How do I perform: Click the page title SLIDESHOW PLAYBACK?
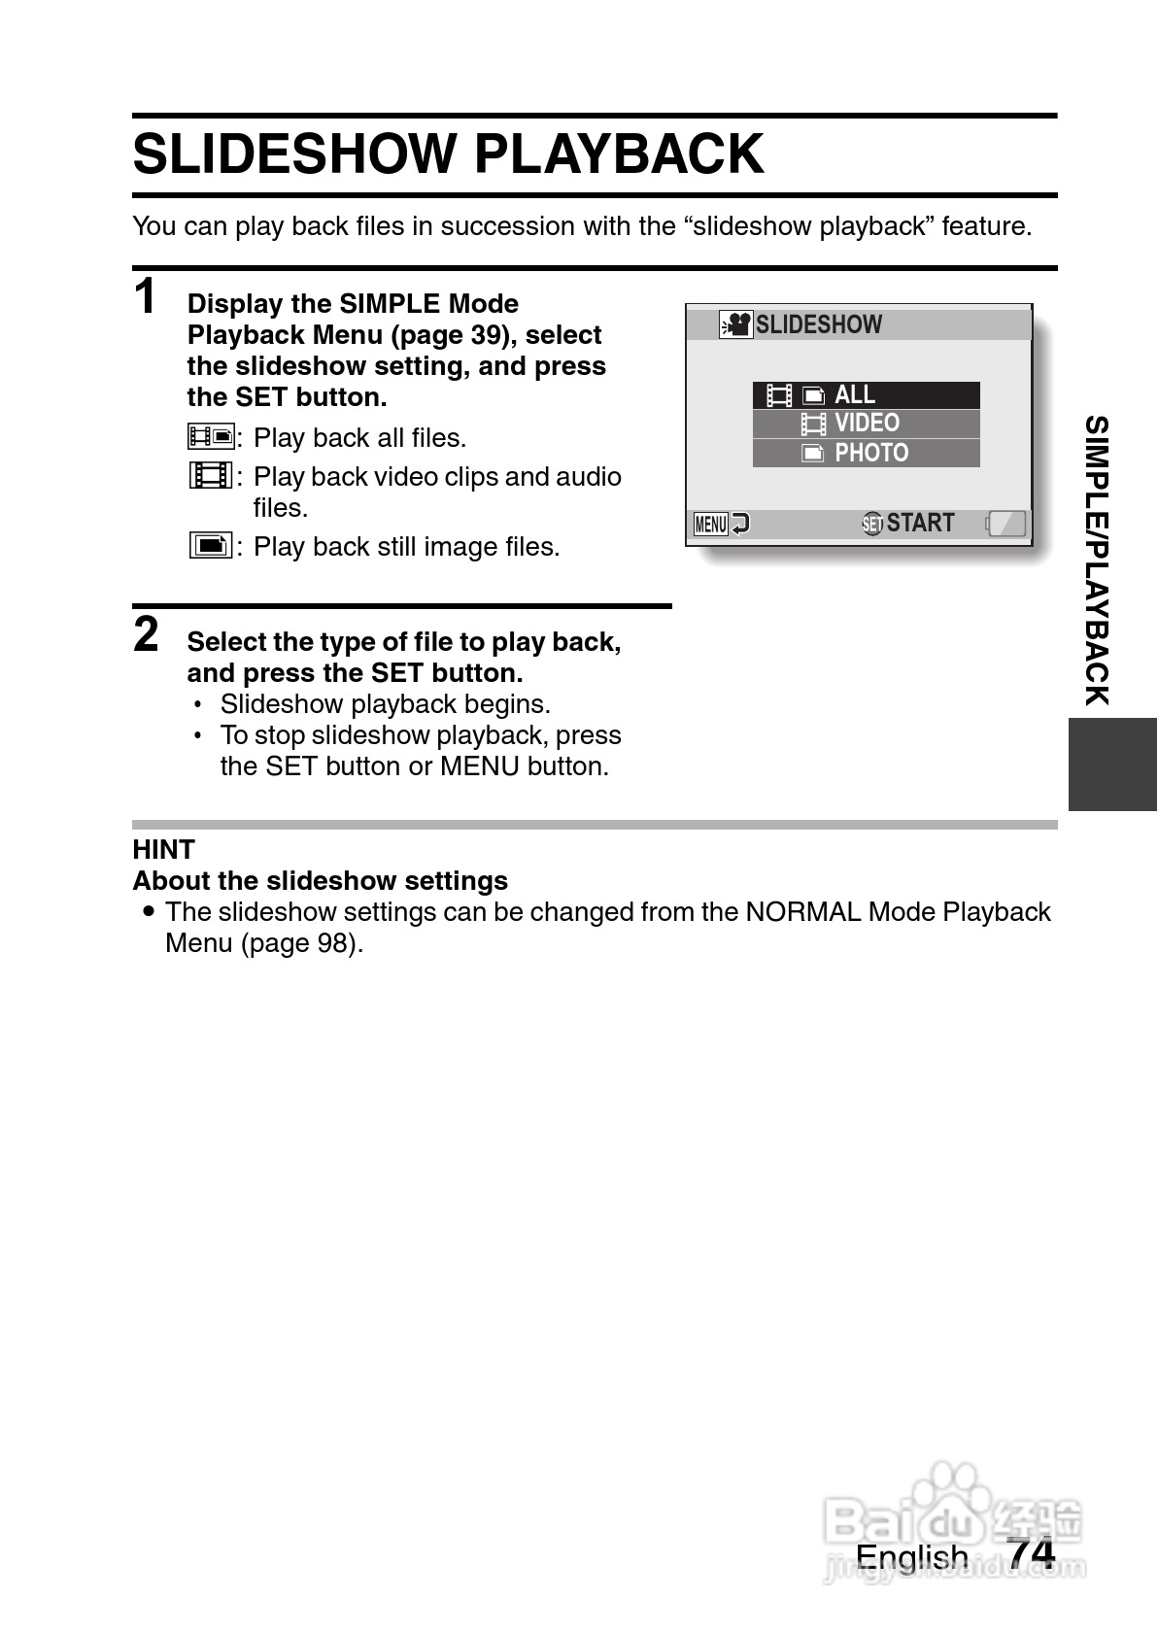[x=448, y=154]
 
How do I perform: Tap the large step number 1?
[x=146, y=296]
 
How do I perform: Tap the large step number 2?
[x=146, y=634]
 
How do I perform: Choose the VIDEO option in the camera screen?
[x=866, y=424]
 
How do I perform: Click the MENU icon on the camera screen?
[x=711, y=525]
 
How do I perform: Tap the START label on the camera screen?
[x=919, y=523]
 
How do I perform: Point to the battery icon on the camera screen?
[x=1006, y=524]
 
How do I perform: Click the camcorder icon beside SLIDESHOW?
[x=735, y=324]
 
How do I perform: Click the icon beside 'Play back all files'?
[x=211, y=437]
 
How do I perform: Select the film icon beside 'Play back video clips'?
[x=211, y=476]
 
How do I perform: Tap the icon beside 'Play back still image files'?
[x=211, y=546]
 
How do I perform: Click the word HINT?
[x=164, y=850]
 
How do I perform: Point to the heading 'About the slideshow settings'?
[x=321, y=881]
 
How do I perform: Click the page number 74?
[x=1031, y=1553]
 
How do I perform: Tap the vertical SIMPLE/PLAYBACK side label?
[x=1097, y=561]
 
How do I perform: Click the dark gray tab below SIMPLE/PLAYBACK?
[x=1112, y=765]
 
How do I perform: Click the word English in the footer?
[x=912, y=1556]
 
